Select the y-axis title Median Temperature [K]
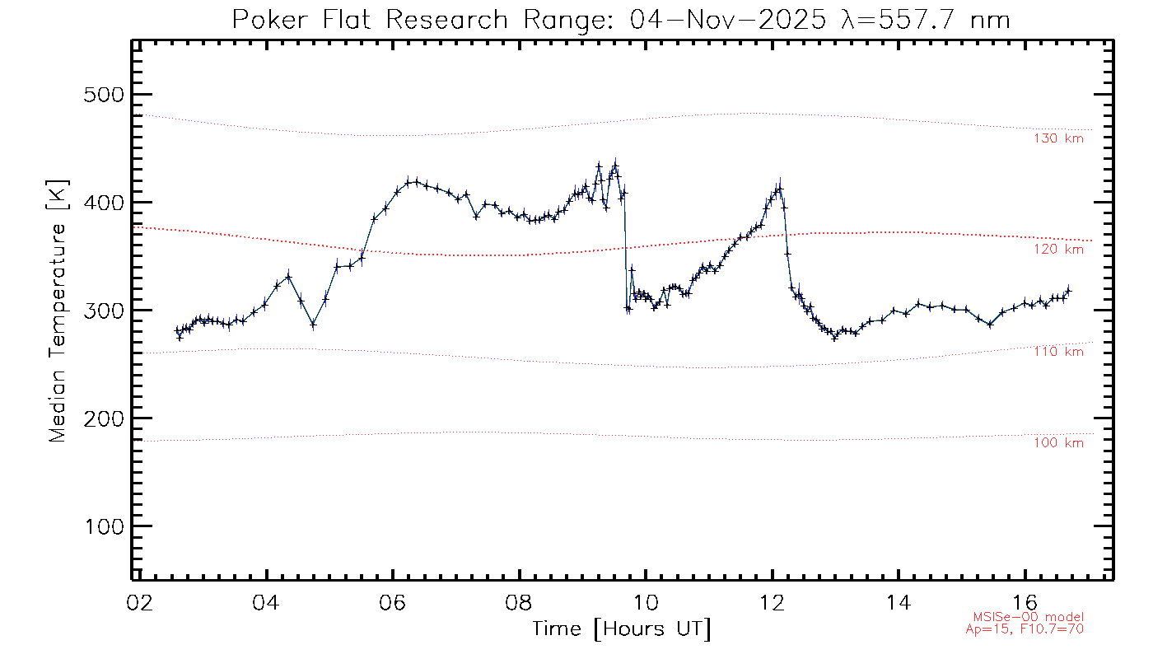pyautogui.click(x=57, y=311)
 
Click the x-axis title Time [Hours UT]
pyautogui.click(x=622, y=629)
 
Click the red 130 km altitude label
pyautogui.click(x=1058, y=138)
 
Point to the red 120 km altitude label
pyautogui.click(x=1058, y=249)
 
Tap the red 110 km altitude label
pyautogui.click(x=1058, y=352)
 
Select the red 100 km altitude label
pyautogui.click(x=1058, y=443)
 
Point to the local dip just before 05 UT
pyautogui.click(x=313, y=325)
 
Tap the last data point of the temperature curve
pyautogui.click(x=1069, y=290)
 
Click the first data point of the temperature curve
pyautogui.click(x=176, y=330)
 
